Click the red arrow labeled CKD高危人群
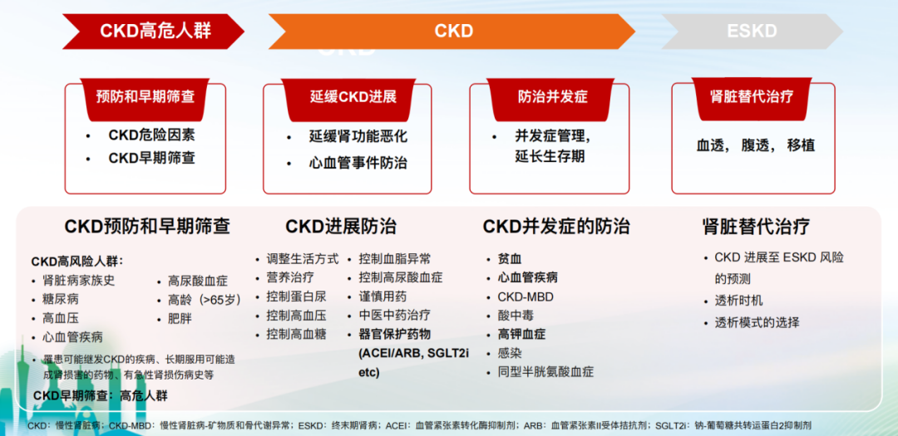154,31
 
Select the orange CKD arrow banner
452,31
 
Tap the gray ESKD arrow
752,31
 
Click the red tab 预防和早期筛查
146,98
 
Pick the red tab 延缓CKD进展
348,98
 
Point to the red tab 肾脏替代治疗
752,97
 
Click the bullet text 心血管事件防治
358,163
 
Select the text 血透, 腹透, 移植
755,145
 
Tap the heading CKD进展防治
341,227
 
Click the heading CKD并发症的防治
556,227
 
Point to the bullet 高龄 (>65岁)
205,299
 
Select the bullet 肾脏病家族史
79,281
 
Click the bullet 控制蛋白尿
296,296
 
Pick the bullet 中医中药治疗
395,316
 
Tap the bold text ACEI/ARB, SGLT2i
413,353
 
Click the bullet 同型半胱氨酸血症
545,372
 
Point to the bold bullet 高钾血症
521,334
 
